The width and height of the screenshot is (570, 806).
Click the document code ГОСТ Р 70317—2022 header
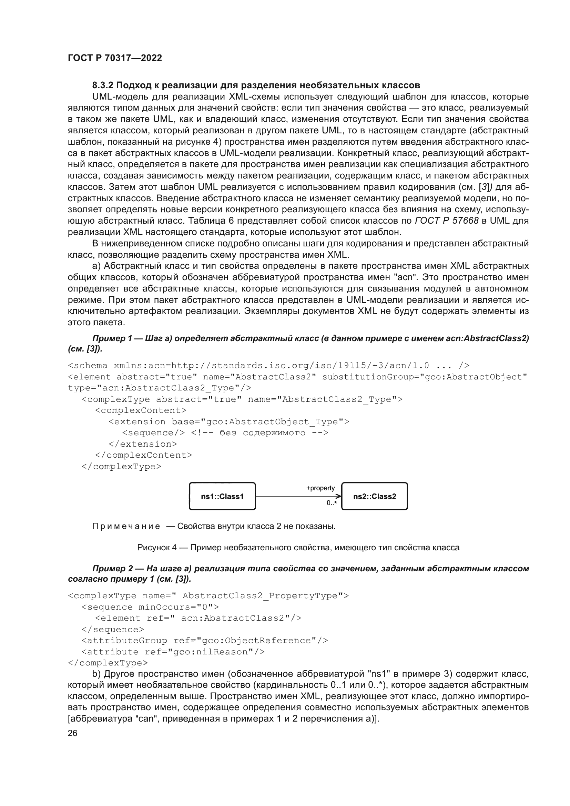pos(115,58)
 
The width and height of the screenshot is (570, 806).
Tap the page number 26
pos(72,733)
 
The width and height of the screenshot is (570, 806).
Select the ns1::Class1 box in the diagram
pos(222,496)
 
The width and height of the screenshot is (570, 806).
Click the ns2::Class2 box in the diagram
pos(375,496)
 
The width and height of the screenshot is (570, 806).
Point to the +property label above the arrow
pos(320,488)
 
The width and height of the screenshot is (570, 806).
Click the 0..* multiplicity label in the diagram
pos(332,503)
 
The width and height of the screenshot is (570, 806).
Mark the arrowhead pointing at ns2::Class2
pos(339,496)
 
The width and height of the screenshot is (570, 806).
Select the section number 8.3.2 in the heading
pos(102,85)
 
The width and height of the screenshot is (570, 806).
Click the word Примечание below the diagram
pos(126,526)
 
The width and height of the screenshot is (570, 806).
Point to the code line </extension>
pos(143,444)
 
